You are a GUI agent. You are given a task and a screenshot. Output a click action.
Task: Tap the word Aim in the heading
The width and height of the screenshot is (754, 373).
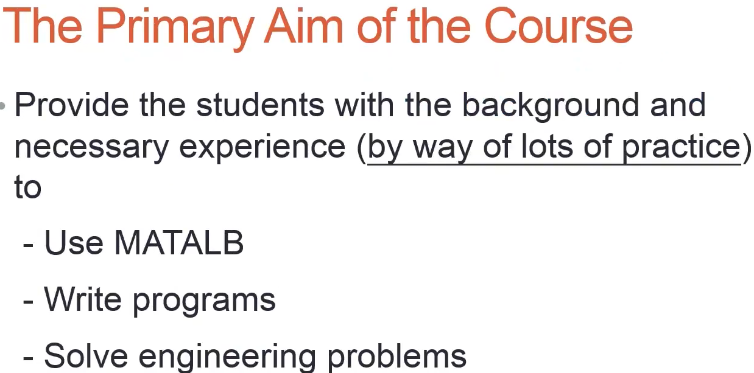click(303, 26)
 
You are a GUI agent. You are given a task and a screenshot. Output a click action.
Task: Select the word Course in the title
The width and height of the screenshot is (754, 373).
click(558, 27)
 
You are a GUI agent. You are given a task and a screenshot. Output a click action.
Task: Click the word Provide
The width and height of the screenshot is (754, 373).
click(72, 105)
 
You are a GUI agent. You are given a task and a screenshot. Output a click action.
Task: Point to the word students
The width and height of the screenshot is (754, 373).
click(260, 105)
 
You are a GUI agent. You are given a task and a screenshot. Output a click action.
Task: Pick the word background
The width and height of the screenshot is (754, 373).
click(551, 106)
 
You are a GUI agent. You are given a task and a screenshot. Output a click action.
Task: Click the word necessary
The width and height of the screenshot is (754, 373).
click(91, 148)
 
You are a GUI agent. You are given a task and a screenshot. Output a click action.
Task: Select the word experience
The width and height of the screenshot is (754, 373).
click(262, 147)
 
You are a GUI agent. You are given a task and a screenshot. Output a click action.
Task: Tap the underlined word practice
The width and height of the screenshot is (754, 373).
click(682, 147)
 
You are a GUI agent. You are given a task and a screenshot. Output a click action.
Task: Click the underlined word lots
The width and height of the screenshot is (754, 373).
click(547, 145)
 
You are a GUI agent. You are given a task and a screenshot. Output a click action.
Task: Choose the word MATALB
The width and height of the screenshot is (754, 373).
click(178, 243)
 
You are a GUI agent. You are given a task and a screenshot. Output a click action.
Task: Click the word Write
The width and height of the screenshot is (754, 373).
click(82, 299)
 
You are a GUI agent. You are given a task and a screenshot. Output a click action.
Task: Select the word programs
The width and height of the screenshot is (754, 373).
click(204, 301)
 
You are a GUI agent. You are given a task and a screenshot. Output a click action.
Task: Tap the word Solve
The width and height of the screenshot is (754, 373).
click(86, 356)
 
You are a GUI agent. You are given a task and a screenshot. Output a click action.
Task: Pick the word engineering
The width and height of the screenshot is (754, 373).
click(227, 357)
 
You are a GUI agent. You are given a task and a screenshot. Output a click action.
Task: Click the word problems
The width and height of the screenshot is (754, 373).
click(396, 357)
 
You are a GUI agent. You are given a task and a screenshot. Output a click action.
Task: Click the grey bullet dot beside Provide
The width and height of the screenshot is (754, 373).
click(2, 106)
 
